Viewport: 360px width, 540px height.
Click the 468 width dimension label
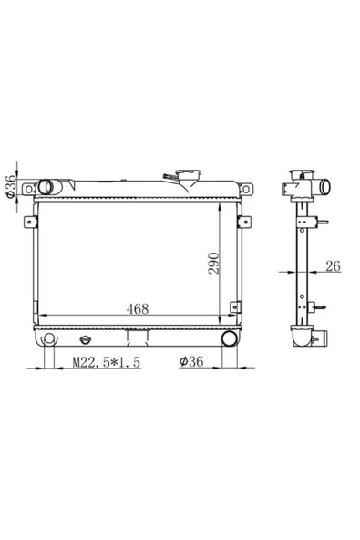tap(138, 308)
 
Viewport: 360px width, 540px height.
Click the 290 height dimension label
tap(213, 264)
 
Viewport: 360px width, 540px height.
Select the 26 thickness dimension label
tap(333, 265)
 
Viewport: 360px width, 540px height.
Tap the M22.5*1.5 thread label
tap(107, 362)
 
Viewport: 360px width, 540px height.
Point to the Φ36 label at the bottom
tap(191, 361)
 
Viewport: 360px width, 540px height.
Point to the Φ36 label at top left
tap(11, 186)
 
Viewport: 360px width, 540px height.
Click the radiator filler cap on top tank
tap(188, 172)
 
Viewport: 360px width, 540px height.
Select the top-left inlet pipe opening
tap(45, 187)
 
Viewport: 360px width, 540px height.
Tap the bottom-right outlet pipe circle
tap(229, 338)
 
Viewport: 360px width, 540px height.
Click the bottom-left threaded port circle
tap(49, 339)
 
